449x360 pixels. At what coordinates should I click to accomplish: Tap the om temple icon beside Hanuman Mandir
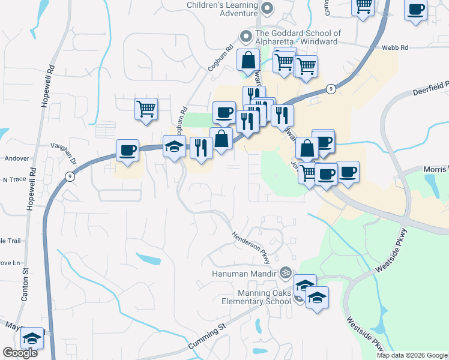click(285, 272)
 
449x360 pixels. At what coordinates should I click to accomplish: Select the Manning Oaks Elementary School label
click(256, 296)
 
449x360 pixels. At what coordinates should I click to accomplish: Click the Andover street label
click(16, 158)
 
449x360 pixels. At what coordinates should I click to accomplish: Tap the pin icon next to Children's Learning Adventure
click(268, 8)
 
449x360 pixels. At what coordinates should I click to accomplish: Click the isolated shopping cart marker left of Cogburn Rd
click(146, 109)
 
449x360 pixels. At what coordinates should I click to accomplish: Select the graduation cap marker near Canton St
click(32, 338)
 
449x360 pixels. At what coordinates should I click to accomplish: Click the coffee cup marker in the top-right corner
click(415, 10)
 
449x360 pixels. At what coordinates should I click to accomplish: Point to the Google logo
click(20, 353)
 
